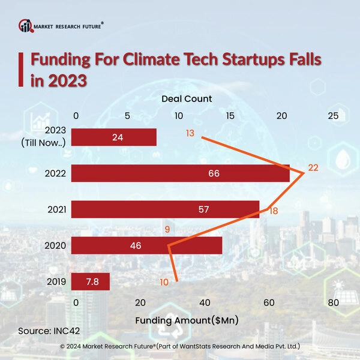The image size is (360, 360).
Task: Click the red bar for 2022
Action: pos(180,173)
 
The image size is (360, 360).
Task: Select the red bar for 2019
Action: pos(90,281)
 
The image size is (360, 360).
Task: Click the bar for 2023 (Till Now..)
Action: pos(114,137)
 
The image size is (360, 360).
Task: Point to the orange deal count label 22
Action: pos(313,167)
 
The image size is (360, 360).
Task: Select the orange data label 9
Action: pos(167,229)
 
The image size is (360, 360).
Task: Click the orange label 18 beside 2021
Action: pos(274,211)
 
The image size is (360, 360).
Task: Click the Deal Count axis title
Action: pos(187,98)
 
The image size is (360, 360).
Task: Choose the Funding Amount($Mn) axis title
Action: pos(187,320)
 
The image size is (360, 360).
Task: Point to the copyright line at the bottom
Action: pos(180,347)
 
